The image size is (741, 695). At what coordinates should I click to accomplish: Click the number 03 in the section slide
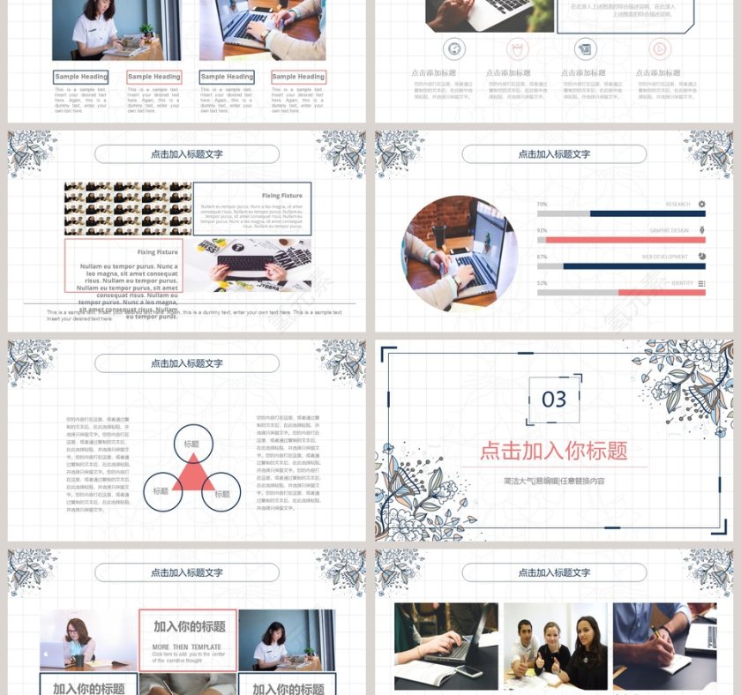point(554,400)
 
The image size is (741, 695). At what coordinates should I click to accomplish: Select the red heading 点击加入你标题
point(553,451)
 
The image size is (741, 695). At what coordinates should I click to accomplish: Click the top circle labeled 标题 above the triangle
point(192,444)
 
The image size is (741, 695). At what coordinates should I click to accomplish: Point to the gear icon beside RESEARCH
point(701,204)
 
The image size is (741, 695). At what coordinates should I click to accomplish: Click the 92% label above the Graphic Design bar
point(542,230)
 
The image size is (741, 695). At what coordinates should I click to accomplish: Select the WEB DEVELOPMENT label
point(665,257)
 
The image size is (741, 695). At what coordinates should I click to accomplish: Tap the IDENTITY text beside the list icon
point(682,283)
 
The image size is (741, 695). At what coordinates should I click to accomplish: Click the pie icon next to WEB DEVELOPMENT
point(701,257)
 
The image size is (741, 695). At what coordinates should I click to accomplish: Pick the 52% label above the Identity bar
point(542,283)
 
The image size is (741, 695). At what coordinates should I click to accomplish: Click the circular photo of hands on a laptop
point(460,253)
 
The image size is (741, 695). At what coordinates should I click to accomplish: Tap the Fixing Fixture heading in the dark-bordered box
point(281,195)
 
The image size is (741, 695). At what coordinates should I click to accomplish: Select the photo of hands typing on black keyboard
point(248,265)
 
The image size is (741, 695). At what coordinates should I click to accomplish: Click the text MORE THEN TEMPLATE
point(187,646)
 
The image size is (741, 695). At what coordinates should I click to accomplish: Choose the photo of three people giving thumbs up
point(555,646)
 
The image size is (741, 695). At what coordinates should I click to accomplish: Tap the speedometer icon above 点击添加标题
point(455,49)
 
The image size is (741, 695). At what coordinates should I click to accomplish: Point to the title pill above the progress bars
point(554,154)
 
